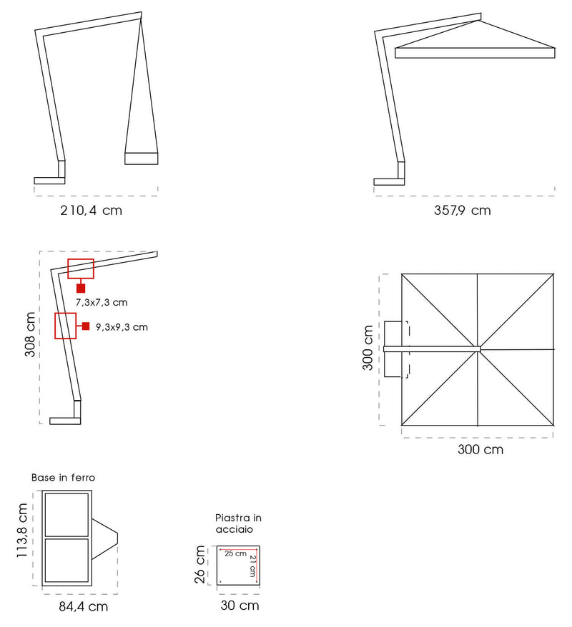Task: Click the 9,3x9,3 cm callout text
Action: (x=122, y=327)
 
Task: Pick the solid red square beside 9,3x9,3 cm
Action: (x=86, y=326)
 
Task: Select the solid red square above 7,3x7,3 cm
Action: (x=81, y=288)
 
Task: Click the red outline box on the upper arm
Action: (x=81, y=268)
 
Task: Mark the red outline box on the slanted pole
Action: (x=66, y=326)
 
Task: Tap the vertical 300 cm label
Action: (x=368, y=348)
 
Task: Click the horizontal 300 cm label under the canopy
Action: (x=480, y=449)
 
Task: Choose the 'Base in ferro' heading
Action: (x=63, y=478)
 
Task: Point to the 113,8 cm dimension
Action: (x=23, y=530)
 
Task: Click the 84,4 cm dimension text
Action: (x=83, y=607)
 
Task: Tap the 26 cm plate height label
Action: (x=200, y=565)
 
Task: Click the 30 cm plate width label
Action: (x=240, y=606)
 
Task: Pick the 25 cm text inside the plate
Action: (x=235, y=553)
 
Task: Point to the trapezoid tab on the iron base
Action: (x=104, y=537)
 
